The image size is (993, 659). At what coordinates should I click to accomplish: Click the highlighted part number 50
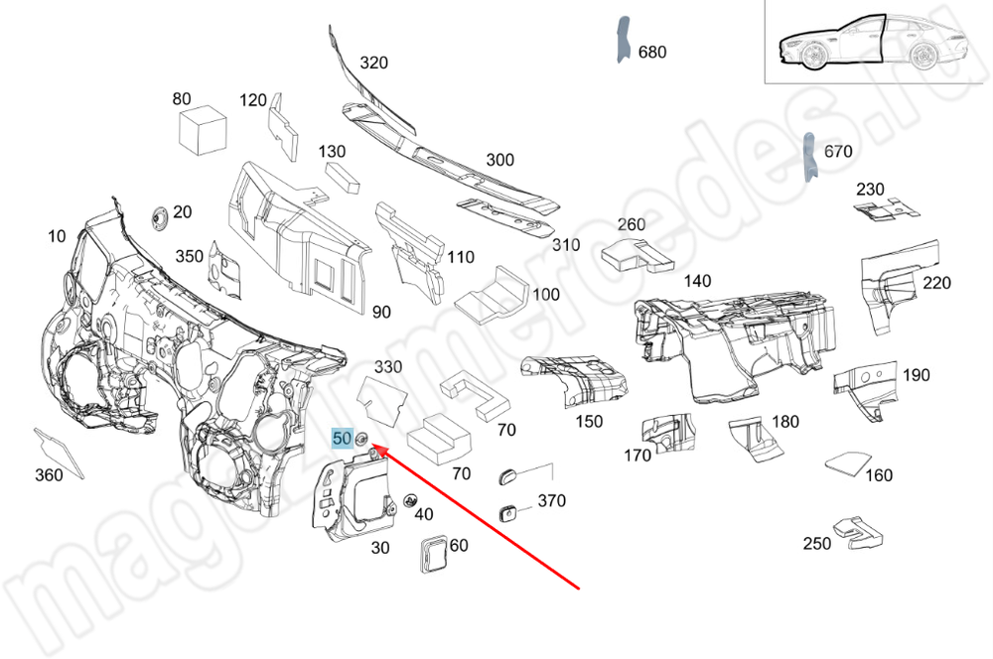pos(342,438)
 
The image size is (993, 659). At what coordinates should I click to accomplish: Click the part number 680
pos(651,52)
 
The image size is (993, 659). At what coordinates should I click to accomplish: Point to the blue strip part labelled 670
pos(808,157)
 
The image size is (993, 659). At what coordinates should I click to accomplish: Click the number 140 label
pos(697,281)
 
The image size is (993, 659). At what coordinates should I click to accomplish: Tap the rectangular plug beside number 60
pos(433,553)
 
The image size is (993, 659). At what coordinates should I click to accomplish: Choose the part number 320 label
pos(373,63)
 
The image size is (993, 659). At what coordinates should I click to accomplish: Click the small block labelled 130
pos(345,178)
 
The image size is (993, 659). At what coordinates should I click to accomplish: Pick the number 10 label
pos(56,235)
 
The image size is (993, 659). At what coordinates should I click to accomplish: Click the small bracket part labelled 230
pos(884,207)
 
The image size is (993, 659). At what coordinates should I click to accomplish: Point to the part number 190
pos(916,374)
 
